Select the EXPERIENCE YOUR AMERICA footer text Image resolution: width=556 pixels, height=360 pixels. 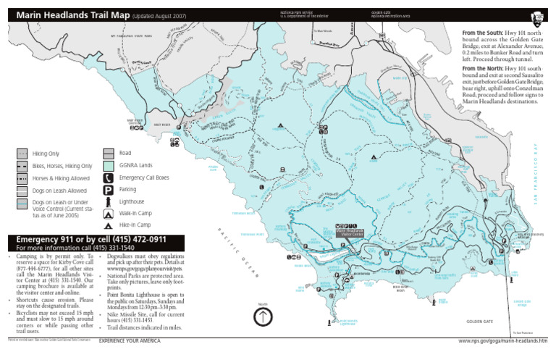point(130,340)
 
